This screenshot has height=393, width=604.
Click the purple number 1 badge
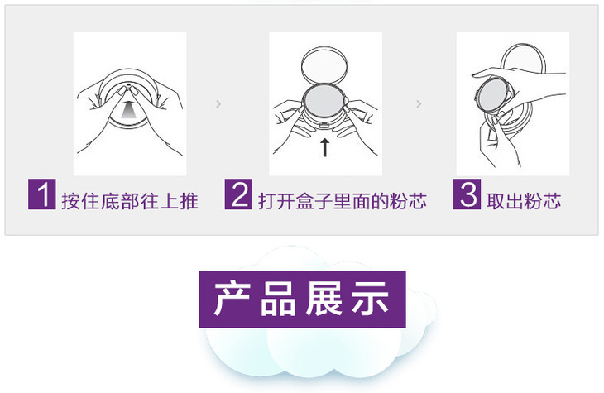point(42,194)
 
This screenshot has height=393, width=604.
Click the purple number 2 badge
point(239,194)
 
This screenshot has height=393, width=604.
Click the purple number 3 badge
point(467,194)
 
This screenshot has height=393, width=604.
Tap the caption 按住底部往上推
point(130,201)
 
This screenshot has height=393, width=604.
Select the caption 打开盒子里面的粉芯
point(343,201)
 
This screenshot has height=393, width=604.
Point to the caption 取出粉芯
point(524,201)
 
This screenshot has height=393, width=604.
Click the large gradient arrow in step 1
point(128,109)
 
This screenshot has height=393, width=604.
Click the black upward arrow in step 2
point(325,148)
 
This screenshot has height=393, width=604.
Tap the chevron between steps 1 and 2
point(218,103)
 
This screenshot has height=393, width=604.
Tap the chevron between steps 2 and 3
point(419,103)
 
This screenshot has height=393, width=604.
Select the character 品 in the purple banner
point(278,299)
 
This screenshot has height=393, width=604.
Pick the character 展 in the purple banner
point(324,299)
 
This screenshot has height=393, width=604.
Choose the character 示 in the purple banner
point(370,299)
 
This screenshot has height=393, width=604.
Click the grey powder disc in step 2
point(324,99)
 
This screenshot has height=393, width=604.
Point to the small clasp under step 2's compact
point(324,124)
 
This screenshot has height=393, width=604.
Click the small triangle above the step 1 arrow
point(128,84)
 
